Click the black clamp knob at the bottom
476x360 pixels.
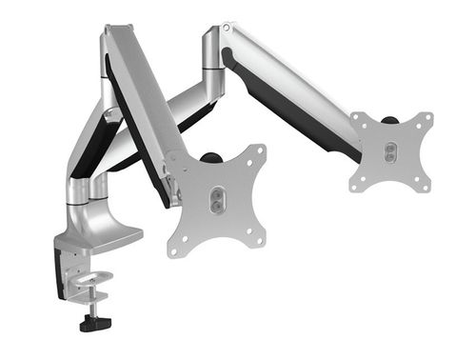(93, 323)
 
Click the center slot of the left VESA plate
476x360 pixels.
(217, 198)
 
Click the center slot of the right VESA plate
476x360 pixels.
(389, 151)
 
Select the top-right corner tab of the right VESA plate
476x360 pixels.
(426, 120)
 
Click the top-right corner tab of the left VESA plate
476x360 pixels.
(259, 150)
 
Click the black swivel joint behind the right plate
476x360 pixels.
(390, 120)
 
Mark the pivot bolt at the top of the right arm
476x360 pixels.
(227, 30)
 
